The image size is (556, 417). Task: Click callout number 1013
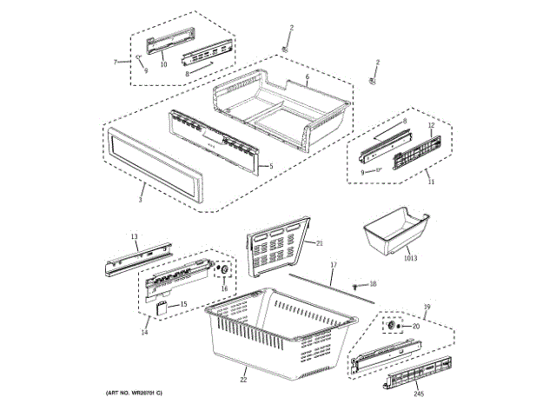click(x=410, y=258)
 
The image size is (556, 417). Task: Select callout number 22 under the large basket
click(x=243, y=380)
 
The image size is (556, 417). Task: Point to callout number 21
click(x=320, y=243)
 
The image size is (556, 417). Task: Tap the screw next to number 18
click(x=356, y=285)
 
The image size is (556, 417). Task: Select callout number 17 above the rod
click(x=333, y=263)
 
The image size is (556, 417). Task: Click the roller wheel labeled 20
click(x=392, y=325)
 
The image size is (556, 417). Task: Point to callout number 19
click(x=427, y=307)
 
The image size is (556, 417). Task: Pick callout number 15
click(x=182, y=304)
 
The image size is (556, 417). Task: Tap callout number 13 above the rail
click(x=135, y=236)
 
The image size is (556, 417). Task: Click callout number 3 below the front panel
click(x=141, y=199)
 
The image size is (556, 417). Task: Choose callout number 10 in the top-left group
click(x=163, y=64)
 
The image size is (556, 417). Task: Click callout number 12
click(x=430, y=125)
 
